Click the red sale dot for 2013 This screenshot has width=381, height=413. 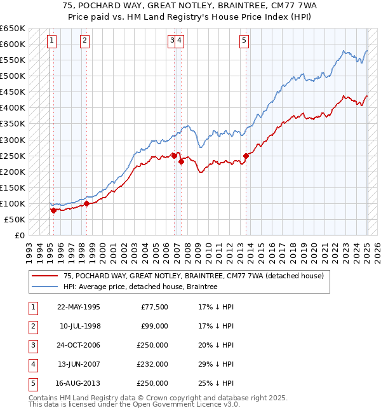246,156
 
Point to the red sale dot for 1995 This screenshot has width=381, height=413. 53,210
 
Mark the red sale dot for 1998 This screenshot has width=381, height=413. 86,203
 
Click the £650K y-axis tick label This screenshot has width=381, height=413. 12,29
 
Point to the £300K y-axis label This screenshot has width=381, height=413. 12,140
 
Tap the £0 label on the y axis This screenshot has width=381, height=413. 19,235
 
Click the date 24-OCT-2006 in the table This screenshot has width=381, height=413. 79,346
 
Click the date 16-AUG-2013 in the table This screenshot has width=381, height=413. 79,384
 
